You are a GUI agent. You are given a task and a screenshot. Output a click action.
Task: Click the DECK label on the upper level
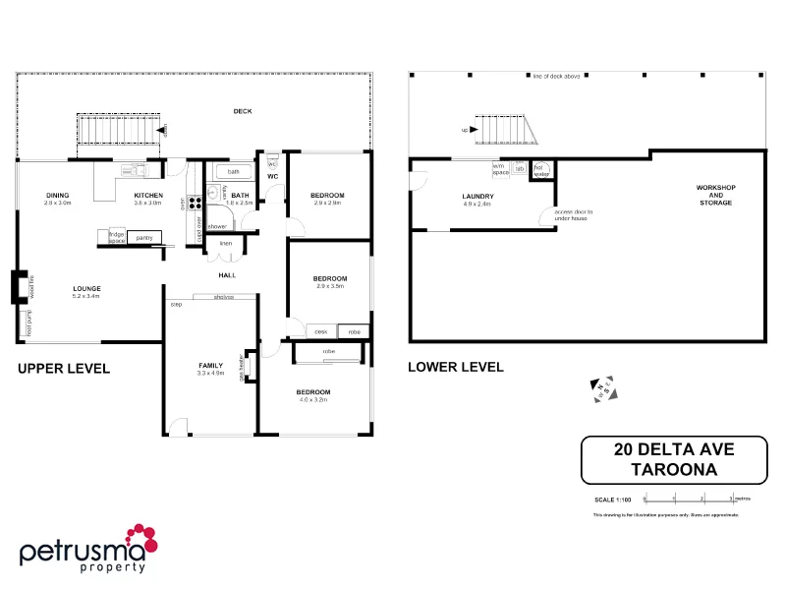[x=242, y=111]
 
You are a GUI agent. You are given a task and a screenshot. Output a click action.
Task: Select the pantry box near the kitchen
[x=143, y=237]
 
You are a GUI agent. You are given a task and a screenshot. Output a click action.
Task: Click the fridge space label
[x=116, y=237]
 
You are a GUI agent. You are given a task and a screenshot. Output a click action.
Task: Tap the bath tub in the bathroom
[x=233, y=171]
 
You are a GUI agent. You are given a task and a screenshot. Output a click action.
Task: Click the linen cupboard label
[x=225, y=243]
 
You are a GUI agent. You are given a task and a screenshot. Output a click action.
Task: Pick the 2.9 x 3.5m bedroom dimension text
[x=330, y=285]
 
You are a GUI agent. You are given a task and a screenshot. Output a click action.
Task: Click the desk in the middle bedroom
[x=321, y=331]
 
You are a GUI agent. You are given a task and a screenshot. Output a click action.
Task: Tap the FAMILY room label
[x=211, y=365]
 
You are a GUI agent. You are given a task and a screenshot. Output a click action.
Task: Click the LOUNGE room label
[x=86, y=288]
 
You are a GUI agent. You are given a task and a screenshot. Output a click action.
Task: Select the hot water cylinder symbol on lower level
[x=538, y=169]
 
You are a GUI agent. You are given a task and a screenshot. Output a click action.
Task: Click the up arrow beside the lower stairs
[x=465, y=130]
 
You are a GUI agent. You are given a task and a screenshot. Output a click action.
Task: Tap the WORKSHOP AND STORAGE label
[x=715, y=195]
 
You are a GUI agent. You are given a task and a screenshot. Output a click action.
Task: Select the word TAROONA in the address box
[x=673, y=469]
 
